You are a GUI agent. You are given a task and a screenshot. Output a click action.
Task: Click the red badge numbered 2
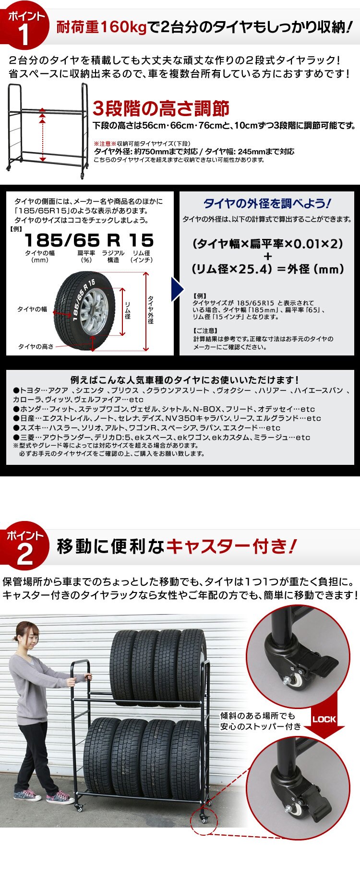(x=25, y=548)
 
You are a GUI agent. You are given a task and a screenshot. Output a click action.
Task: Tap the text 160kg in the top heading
(x=122, y=27)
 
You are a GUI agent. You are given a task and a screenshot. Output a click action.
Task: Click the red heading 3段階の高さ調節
(x=161, y=108)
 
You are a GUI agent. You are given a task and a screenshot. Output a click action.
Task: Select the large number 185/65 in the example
(x=62, y=240)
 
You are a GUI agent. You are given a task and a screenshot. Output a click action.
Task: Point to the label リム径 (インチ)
(x=142, y=256)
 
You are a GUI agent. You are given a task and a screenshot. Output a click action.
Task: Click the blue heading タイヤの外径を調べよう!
(x=267, y=203)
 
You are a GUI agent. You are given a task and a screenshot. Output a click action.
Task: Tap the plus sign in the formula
(x=267, y=256)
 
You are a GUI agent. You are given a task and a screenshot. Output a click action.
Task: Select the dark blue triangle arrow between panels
(x=178, y=288)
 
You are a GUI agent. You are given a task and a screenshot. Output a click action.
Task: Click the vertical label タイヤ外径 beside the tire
(x=151, y=309)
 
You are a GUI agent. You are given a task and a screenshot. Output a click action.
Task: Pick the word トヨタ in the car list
(x=30, y=391)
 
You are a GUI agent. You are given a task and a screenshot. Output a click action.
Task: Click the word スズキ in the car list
(x=30, y=428)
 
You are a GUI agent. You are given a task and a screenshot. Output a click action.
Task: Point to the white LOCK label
(x=324, y=719)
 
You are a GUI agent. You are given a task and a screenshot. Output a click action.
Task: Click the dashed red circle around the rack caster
(x=204, y=821)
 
